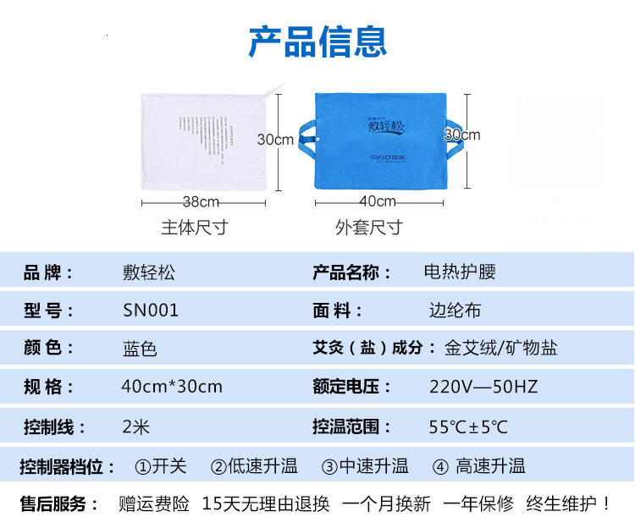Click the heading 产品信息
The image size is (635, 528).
click(x=317, y=41)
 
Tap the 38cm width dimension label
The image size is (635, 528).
click(x=202, y=202)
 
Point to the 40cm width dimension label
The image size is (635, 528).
click(x=378, y=201)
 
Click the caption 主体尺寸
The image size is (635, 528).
click(x=195, y=228)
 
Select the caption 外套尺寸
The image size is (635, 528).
click(x=368, y=228)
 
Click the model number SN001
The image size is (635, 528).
click(x=151, y=311)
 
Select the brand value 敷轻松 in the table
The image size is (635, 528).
click(x=149, y=272)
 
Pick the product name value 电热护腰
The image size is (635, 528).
click(x=460, y=272)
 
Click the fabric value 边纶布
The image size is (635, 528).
click(x=455, y=311)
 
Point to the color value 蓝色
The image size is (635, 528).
click(x=140, y=349)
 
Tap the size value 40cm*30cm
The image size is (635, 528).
click(x=172, y=387)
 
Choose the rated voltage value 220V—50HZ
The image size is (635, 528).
click(x=483, y=387)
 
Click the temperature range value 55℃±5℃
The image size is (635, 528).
click(x=468, y=426)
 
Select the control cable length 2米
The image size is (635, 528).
click(x=136, y=426)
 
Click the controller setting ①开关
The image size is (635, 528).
click(x=161, y=465)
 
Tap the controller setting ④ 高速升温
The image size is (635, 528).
click(x=479, y=465)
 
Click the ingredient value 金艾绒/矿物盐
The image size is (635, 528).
click(x=501, y=349)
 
